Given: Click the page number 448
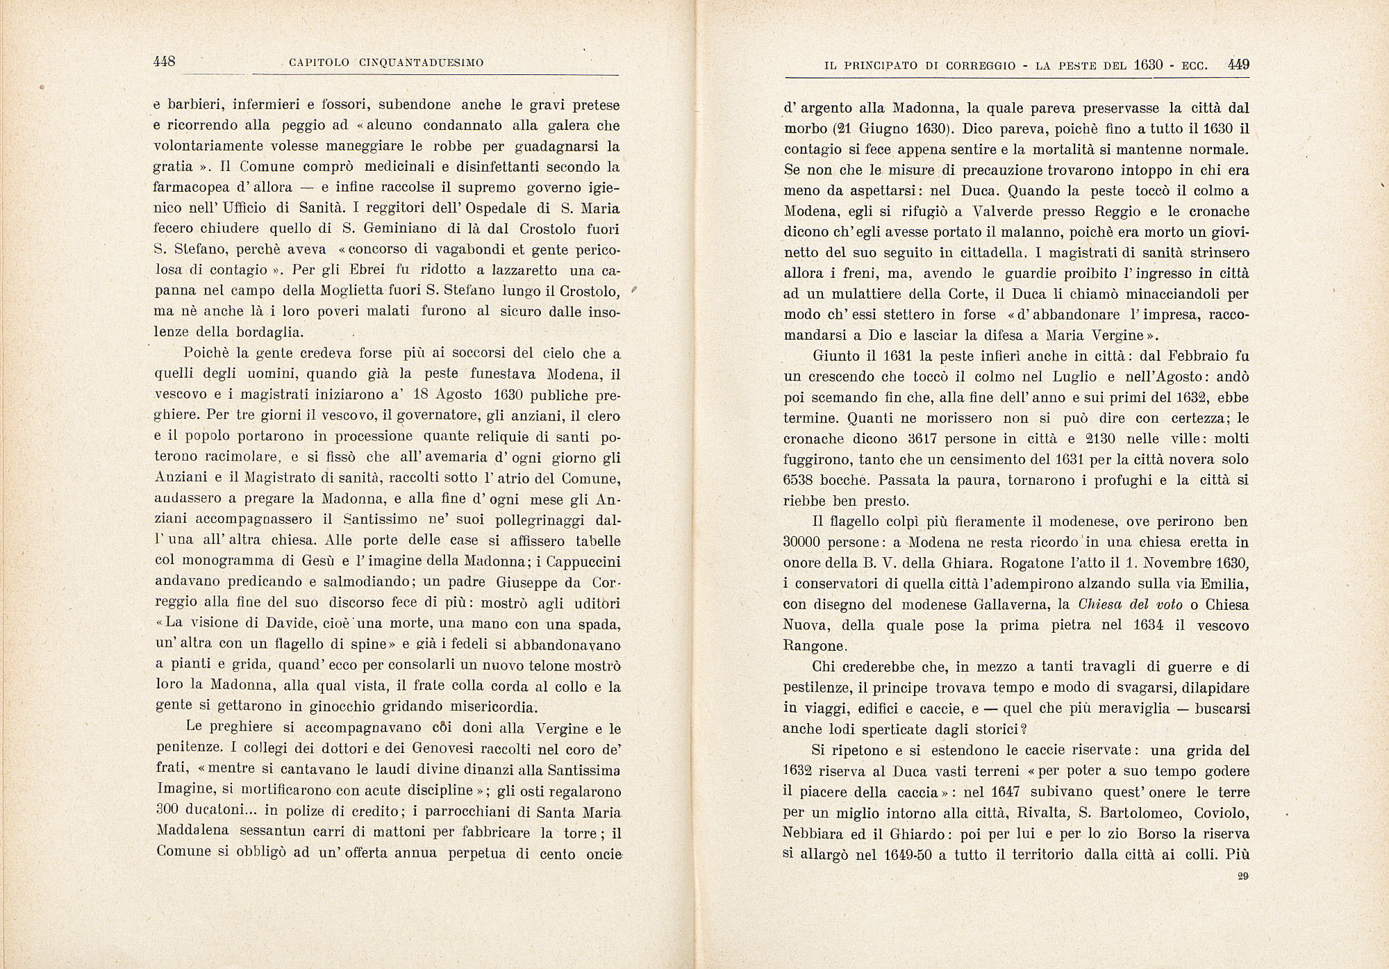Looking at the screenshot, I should pyautogui.click(x=164, y=62).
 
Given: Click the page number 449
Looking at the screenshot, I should pyautogui.click(x=1238, y=65).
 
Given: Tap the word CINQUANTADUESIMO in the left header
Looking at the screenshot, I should pyautogui.click(x=422, y=63).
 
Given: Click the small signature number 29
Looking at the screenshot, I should pyautogui.click(x=1242, y=877).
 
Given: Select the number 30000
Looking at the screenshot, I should pyautogui.click(x=804, y=542).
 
